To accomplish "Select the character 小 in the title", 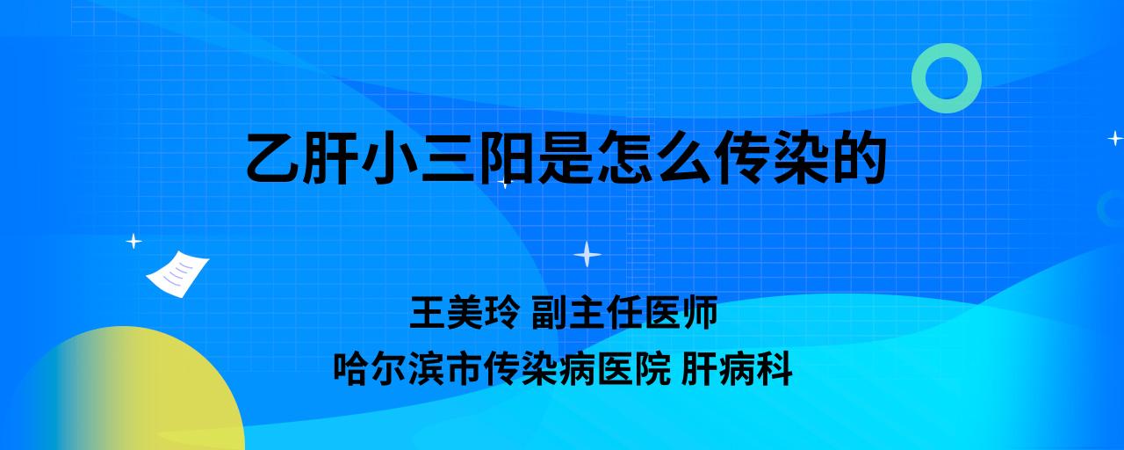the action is point(391,157).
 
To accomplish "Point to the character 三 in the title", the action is point(449,157).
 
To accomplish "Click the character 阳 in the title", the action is point(507,157).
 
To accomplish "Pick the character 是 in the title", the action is point(566,157).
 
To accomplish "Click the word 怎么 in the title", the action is point(653,157).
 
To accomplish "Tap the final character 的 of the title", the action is point(858,157).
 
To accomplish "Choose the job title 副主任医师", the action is point(624,312).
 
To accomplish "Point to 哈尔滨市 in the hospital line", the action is point(408,369).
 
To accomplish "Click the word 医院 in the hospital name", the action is point(634,369).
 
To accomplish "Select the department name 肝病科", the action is point(737,369).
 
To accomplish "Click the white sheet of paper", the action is point(177,274).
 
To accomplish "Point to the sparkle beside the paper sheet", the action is point(133,242).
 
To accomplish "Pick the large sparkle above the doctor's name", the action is point(587,254).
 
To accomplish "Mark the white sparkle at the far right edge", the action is point(1115,138).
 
